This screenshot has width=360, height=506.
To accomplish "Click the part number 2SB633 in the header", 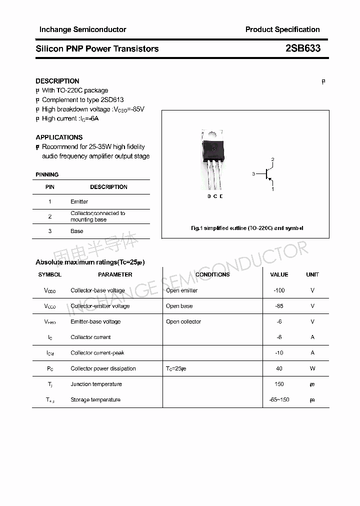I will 302,48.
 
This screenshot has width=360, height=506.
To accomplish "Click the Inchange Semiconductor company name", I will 82,29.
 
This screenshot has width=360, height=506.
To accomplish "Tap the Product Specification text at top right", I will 282,29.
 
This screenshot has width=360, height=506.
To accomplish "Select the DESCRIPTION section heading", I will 57,81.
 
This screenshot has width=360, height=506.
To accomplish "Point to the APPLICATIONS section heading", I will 59,137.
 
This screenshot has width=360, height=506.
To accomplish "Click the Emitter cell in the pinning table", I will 79,201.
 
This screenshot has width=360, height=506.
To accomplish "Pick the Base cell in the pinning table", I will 76,231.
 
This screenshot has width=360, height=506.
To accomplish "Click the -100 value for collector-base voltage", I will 279,290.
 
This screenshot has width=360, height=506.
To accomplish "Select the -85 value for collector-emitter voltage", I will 279,306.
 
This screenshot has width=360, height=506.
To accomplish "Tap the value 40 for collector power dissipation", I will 279,368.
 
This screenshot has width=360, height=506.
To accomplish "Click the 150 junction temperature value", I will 279,384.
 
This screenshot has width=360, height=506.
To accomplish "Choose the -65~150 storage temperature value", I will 279,399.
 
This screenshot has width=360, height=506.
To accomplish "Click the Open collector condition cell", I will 183,321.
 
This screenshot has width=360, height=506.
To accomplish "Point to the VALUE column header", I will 279,274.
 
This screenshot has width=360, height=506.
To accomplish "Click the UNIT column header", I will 312,274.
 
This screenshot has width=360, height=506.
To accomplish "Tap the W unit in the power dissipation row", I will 312,368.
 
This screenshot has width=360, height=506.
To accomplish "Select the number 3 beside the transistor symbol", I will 253,174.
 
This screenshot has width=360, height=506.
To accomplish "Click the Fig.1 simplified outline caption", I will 247,228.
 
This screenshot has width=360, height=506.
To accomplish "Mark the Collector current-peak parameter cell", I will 97,353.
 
